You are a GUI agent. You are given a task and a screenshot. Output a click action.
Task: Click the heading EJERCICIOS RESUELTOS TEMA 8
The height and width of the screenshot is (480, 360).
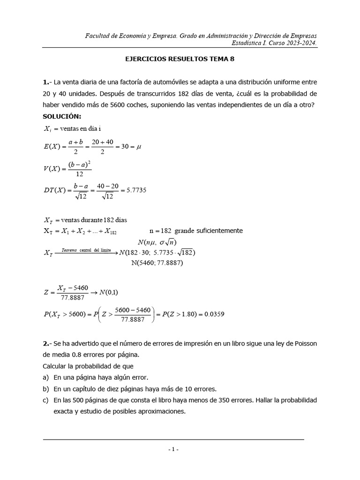pyautogui.click(x=180, y=60)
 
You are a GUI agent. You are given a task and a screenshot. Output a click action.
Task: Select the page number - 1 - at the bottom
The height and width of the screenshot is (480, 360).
pyautogui.click(x=173, y=450)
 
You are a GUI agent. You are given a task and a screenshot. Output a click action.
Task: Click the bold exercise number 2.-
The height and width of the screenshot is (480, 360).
pyautogui.click(x=47, y=344)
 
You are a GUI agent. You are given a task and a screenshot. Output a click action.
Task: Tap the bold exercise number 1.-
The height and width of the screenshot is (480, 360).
pyautogui.click(x=47, y=82)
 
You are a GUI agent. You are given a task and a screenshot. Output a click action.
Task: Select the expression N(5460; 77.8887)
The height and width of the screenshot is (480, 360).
pyautogui.click(x=157, y=263)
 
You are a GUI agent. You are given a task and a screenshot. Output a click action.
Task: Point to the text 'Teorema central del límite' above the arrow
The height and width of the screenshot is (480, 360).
pyautogui.click(x=86, y=250)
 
